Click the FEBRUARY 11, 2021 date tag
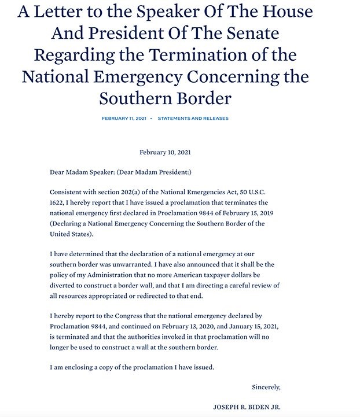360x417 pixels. pos(124,119)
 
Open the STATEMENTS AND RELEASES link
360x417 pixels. pos(193,119)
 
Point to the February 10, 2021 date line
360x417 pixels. pos(165,153)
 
